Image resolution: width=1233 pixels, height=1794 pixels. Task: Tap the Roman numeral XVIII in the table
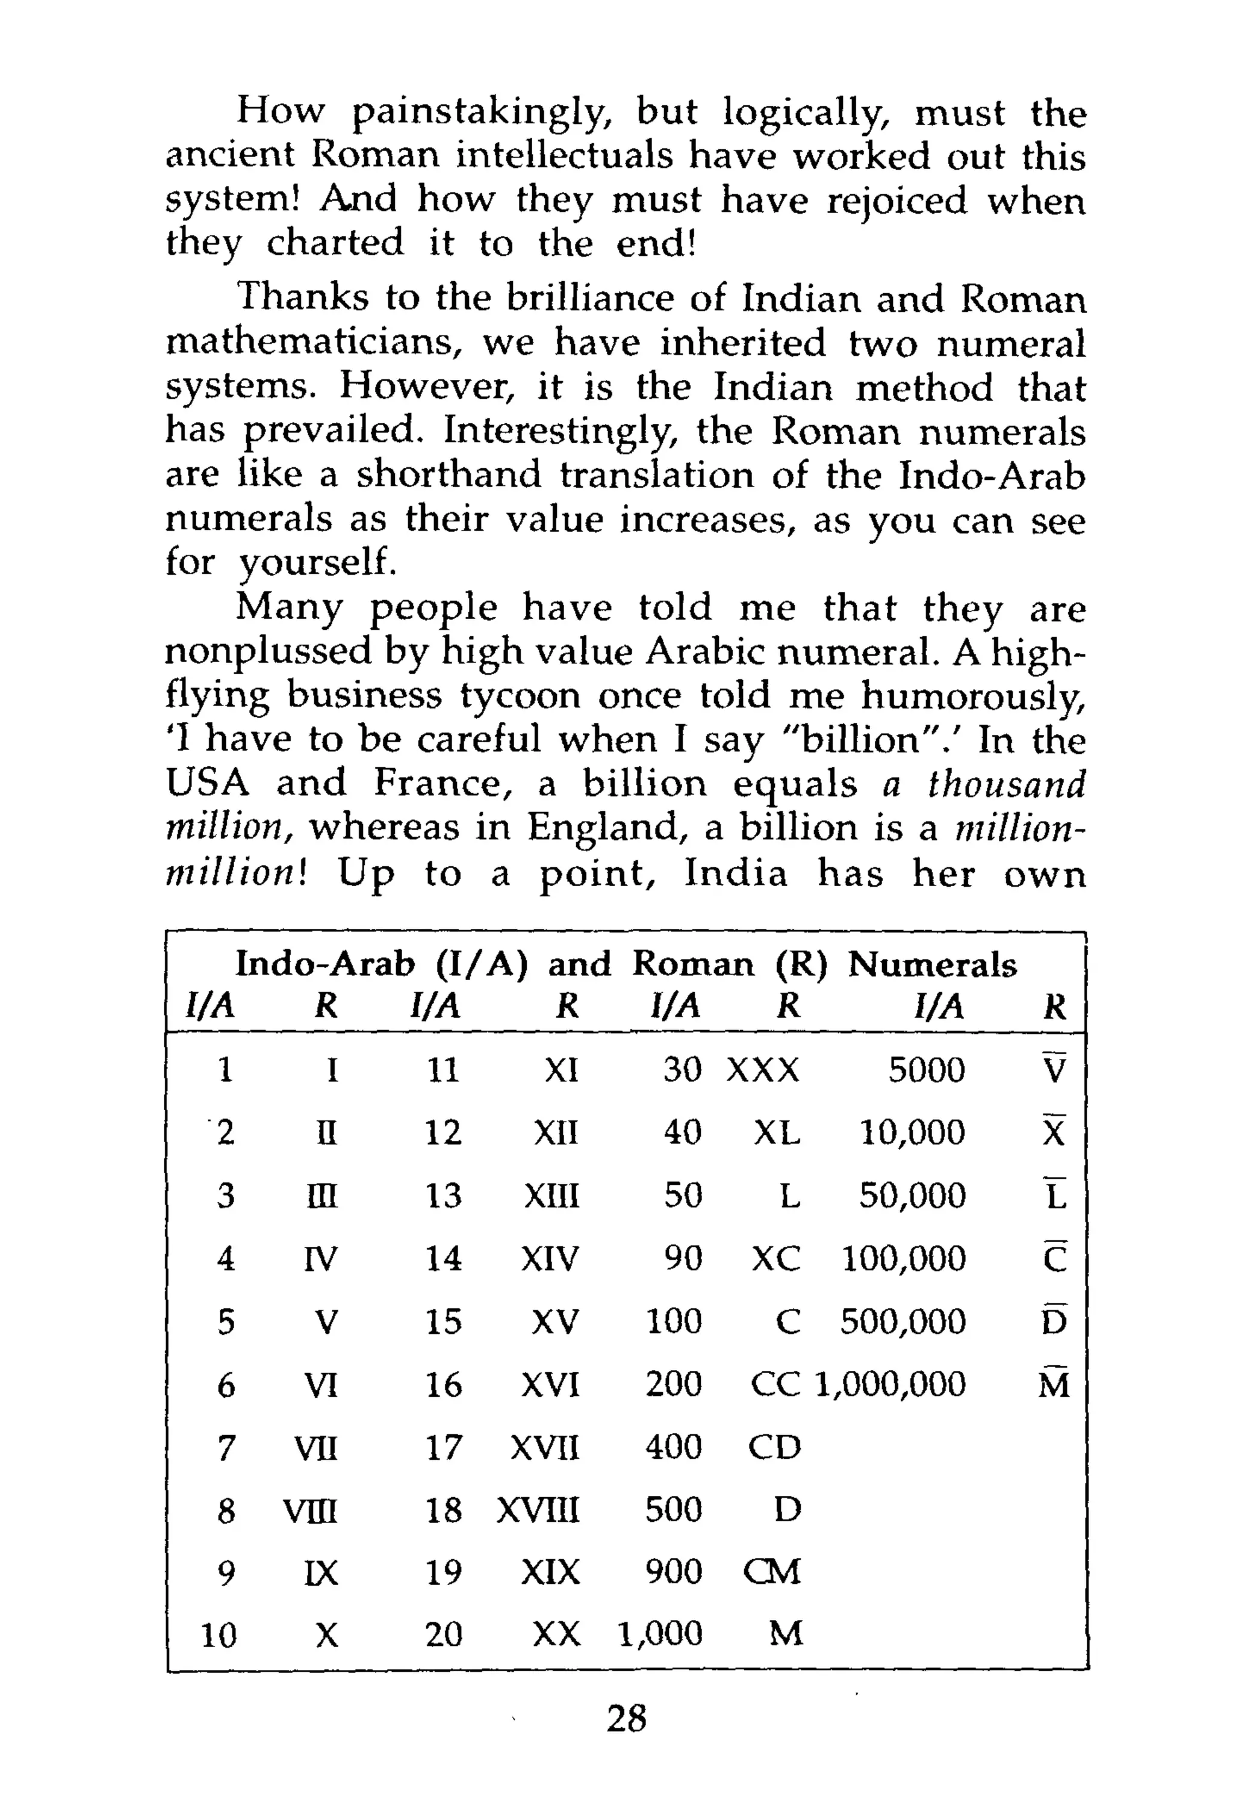pos(538,1510)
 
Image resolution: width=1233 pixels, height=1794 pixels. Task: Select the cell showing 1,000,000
pos(890,1384)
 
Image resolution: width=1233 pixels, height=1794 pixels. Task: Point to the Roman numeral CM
pos(772,1572)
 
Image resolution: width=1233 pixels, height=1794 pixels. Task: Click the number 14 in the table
pos(444,1259)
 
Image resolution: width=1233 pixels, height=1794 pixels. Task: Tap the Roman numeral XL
pos(777,1133)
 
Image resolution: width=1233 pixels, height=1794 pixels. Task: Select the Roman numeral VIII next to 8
pos(311,1510)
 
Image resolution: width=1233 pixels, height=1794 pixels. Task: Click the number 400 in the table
pos(674,1447)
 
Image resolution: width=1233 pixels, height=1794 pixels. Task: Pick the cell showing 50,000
pos(912,1196)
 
